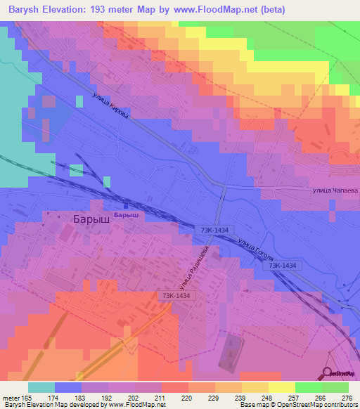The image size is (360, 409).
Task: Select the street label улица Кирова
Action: (x=110, y=108)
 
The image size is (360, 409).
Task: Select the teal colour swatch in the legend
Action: (x=41, y=387)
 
